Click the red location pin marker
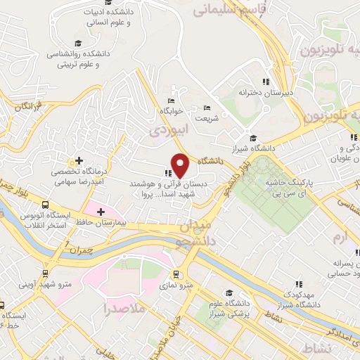point(181,165)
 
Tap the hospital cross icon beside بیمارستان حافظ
point(101,212)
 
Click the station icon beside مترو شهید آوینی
point(46,273)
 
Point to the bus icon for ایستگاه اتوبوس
point(45,202)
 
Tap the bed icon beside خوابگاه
point(172,101)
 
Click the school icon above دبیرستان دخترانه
point(266,82)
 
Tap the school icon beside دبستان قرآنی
point(167,172)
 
